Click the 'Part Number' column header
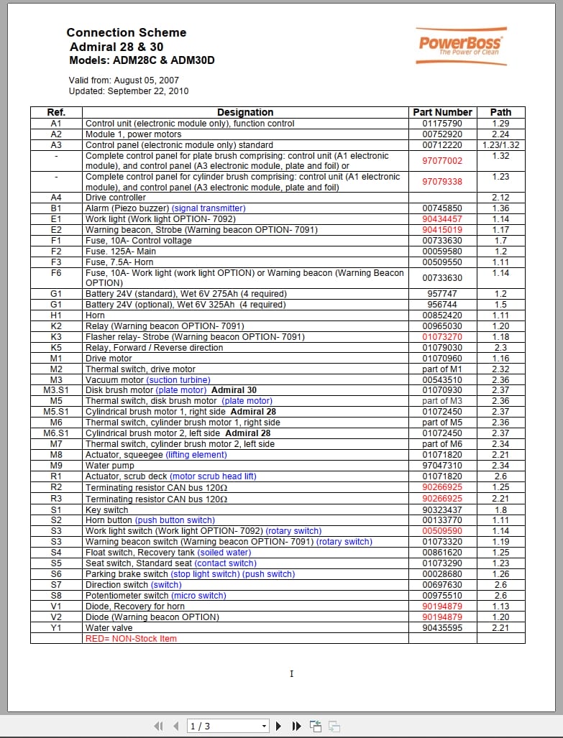(442, 112)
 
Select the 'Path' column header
(500, 112)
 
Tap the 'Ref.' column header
(56, 112)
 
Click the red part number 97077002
(442, 161)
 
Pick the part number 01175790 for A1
(442, 124)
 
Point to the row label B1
(56, 208)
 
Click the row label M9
(56, 466)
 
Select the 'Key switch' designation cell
(107, 509)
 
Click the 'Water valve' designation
(109, 628)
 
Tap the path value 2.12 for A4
(500, 198)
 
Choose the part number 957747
(442, 294)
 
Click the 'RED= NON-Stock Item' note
(131, 639)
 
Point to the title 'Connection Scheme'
(127, 32)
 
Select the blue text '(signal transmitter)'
(209, 208)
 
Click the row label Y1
(56, 628)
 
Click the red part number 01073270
(442, 337)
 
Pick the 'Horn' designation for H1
(96, 315)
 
